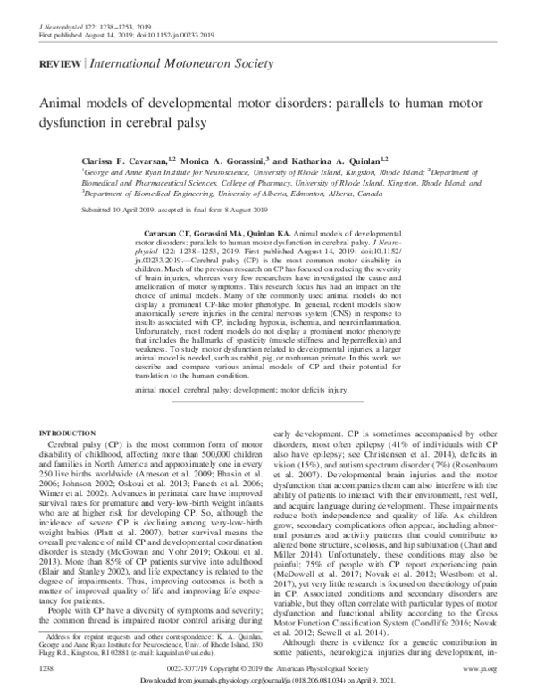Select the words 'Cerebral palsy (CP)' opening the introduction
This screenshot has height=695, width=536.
tap(88, 443)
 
